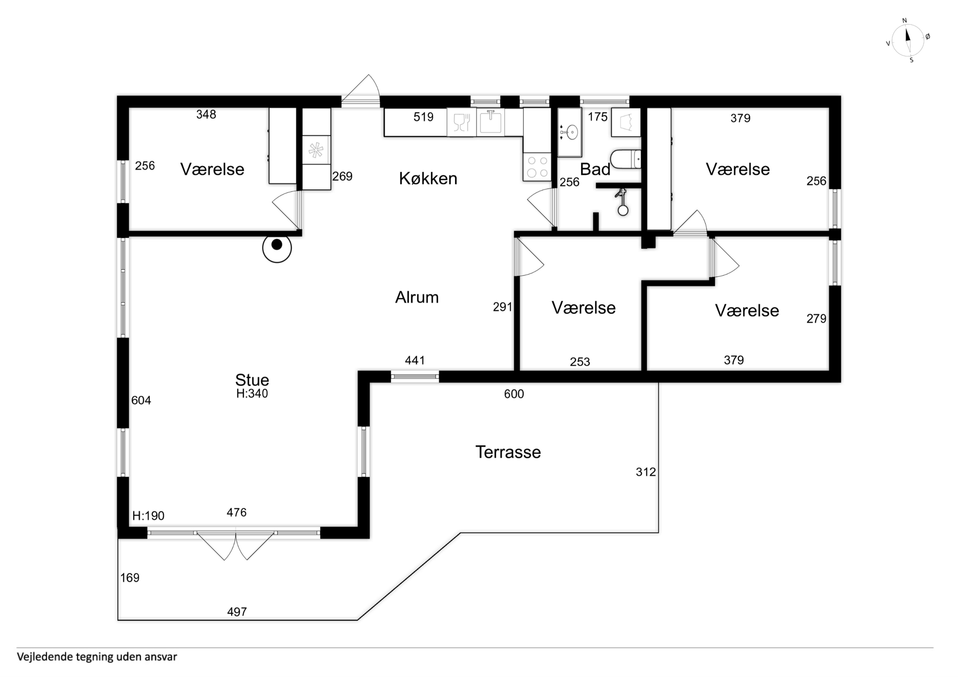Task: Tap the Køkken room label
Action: click(428, 179)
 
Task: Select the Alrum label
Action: click(417, 297)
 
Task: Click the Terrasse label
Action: click(508, 452)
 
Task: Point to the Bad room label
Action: click(595, 169)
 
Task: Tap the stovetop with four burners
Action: click(537, 167)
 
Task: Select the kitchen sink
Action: click(490, 122)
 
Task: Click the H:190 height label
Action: click(148, 516)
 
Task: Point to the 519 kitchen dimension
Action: click(424, 117)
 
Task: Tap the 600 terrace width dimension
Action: click(514, 394)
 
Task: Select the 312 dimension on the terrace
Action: click(646, 472)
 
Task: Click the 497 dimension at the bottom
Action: click(237, 612)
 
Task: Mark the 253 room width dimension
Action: click(580, 362)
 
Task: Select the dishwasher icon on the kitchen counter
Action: click(461, 122)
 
